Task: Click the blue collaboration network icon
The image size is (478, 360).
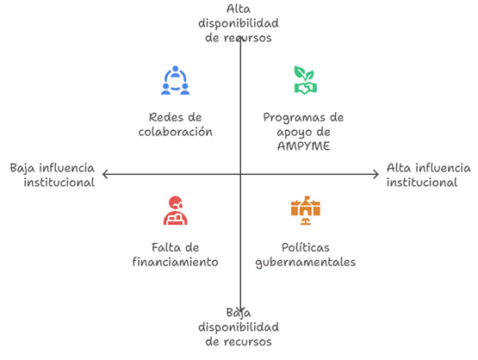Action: (x=176, y=80)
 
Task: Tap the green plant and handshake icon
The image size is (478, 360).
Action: (x=306, y=80)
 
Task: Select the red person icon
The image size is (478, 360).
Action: (x=176, y=210)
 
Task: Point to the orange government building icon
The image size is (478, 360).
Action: (x=306, y=210)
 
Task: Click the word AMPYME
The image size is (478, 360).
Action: (x=304, y=146)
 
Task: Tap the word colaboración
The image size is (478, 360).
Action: (x=176, y=132)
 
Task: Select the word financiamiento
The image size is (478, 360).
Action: (x=176, y=262)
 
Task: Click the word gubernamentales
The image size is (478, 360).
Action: (x=306, y=263)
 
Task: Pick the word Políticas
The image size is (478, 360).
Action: (x=306, y=247)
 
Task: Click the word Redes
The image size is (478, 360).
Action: (x=163, y=117)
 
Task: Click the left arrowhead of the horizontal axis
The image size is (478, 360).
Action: (x=103, y=174)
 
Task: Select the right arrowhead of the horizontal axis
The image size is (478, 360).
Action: (x=378, y=174)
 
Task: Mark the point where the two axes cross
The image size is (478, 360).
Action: (x=240, y=174)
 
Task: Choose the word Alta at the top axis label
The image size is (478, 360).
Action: (x=239, y=9)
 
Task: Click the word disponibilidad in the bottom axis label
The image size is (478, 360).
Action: (x=239, y=327)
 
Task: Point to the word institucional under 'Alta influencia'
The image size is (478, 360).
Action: (x=422, y=183)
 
